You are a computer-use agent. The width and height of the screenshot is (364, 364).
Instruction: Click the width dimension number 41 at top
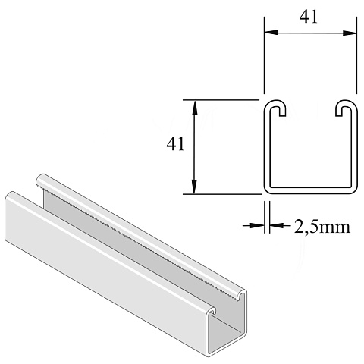coord(308,17)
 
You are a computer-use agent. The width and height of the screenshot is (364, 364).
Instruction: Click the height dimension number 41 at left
coord(175,144)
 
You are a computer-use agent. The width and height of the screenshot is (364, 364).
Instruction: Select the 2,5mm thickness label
coord(322,227)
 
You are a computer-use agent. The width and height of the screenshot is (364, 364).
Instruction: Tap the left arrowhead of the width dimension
coord(271,33)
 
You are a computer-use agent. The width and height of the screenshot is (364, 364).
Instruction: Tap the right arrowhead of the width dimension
coord(350,33)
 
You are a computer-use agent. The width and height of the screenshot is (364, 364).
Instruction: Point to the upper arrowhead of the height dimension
coord(194,108)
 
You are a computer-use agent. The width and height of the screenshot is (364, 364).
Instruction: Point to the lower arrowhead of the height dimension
coord(194,187)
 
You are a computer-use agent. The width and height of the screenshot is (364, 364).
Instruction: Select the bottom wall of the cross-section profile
coord(311,191)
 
